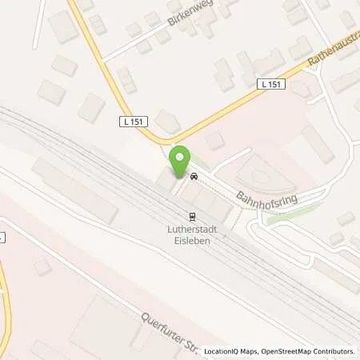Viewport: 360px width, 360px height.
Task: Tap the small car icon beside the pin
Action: click(x=194, y=174)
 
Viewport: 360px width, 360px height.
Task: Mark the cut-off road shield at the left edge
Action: click(x=2, y=237)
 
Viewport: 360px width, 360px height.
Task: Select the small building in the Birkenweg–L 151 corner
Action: click(x=126, y=79)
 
